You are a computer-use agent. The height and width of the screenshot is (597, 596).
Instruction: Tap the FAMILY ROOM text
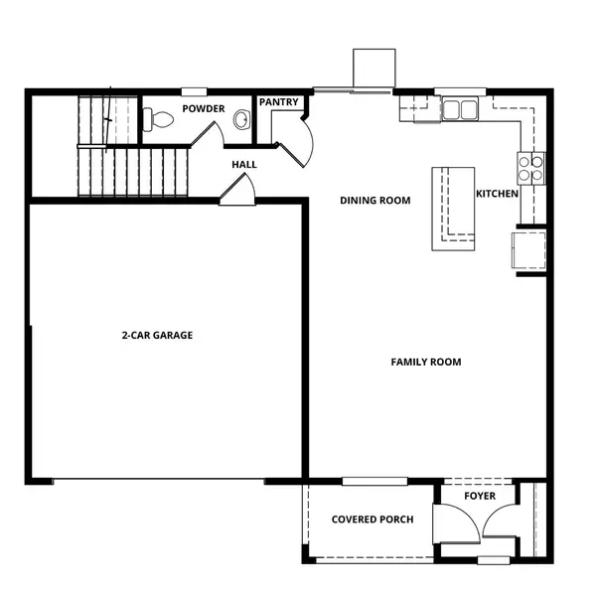pos(425,362)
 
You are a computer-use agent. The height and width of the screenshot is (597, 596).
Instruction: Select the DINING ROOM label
pos(374,200)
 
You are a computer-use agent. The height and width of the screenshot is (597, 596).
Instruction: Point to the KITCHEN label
pos(497,193)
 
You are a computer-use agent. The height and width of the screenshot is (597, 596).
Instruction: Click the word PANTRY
pos(279,102)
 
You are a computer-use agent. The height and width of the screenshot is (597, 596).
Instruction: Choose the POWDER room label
pos(203,108)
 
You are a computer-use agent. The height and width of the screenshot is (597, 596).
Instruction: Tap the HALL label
pos(245,164)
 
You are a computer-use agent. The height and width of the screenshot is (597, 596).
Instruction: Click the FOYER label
pos(481,496)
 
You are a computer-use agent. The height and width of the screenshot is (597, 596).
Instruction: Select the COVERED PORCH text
pos(372,519)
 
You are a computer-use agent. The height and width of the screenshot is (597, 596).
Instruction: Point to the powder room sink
pos(240,120)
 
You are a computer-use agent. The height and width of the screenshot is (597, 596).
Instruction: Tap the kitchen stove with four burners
pos(531,167)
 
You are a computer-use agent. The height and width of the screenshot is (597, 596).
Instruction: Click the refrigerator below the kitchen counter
pos(527,249)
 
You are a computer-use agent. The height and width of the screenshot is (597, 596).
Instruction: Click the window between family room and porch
pos(374,482)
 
